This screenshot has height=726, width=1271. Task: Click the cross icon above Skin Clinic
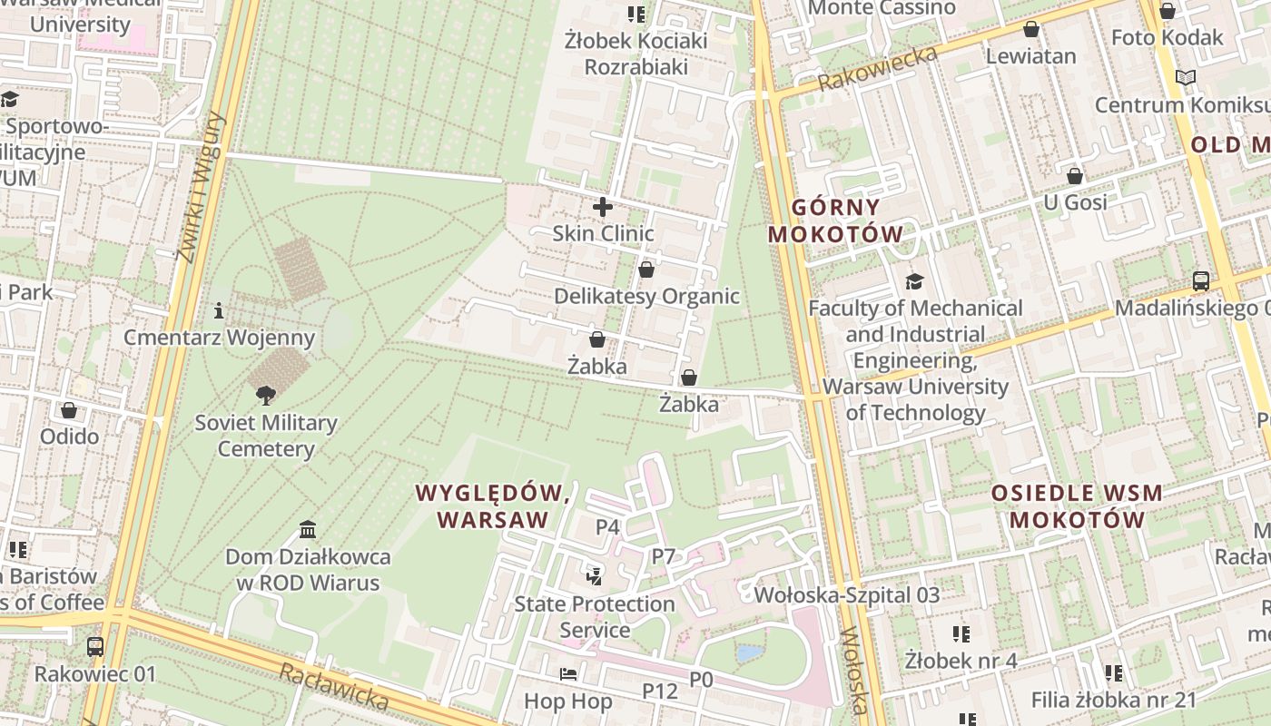[602, 207]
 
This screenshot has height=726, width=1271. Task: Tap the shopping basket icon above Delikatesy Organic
[645, 270]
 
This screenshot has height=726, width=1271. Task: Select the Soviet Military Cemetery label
[266, 436]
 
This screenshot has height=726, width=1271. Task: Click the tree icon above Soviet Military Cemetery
[266, 395]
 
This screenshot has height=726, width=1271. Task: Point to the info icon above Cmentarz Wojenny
[218, 311]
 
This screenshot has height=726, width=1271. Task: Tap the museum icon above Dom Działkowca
[308, 529]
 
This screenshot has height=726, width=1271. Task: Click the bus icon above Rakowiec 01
[95, 647]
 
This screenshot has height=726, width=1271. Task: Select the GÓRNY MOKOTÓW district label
[835, 221]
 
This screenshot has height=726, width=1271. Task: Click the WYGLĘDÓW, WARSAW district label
[493, 506]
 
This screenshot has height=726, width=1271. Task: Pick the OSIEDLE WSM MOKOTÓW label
[1076, 506]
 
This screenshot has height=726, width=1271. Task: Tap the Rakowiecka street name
[877, 68]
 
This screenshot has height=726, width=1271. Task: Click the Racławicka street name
[333, 687]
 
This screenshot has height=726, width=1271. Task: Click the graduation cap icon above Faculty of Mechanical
[914, 281]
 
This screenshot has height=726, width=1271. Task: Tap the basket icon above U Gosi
[1075, 175]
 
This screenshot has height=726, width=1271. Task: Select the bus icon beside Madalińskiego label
[1201, 281]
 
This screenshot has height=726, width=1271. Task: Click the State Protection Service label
[595, 616]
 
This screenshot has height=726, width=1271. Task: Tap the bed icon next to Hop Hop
[568, 674]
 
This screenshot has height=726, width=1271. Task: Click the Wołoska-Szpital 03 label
[847, 595]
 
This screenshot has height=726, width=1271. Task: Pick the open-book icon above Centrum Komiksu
[1185, 78]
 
